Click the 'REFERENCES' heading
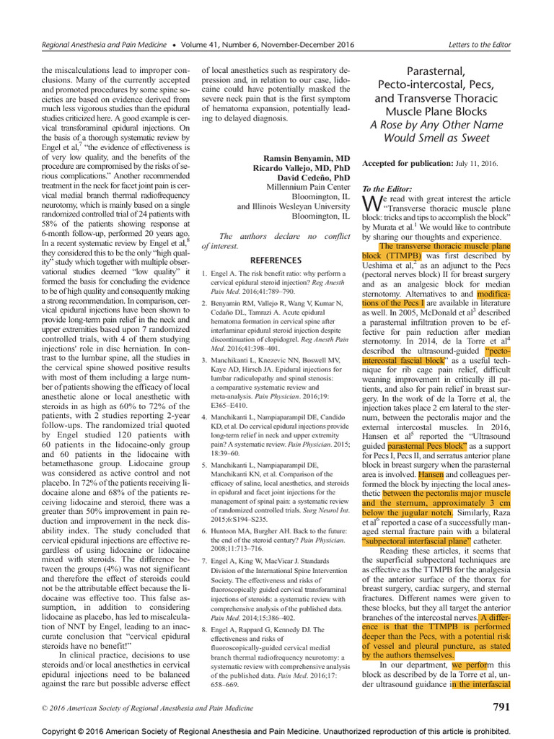276,260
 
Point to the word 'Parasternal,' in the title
436,71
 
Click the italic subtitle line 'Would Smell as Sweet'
436,137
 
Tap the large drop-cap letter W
369,202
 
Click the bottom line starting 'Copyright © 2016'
277,731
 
